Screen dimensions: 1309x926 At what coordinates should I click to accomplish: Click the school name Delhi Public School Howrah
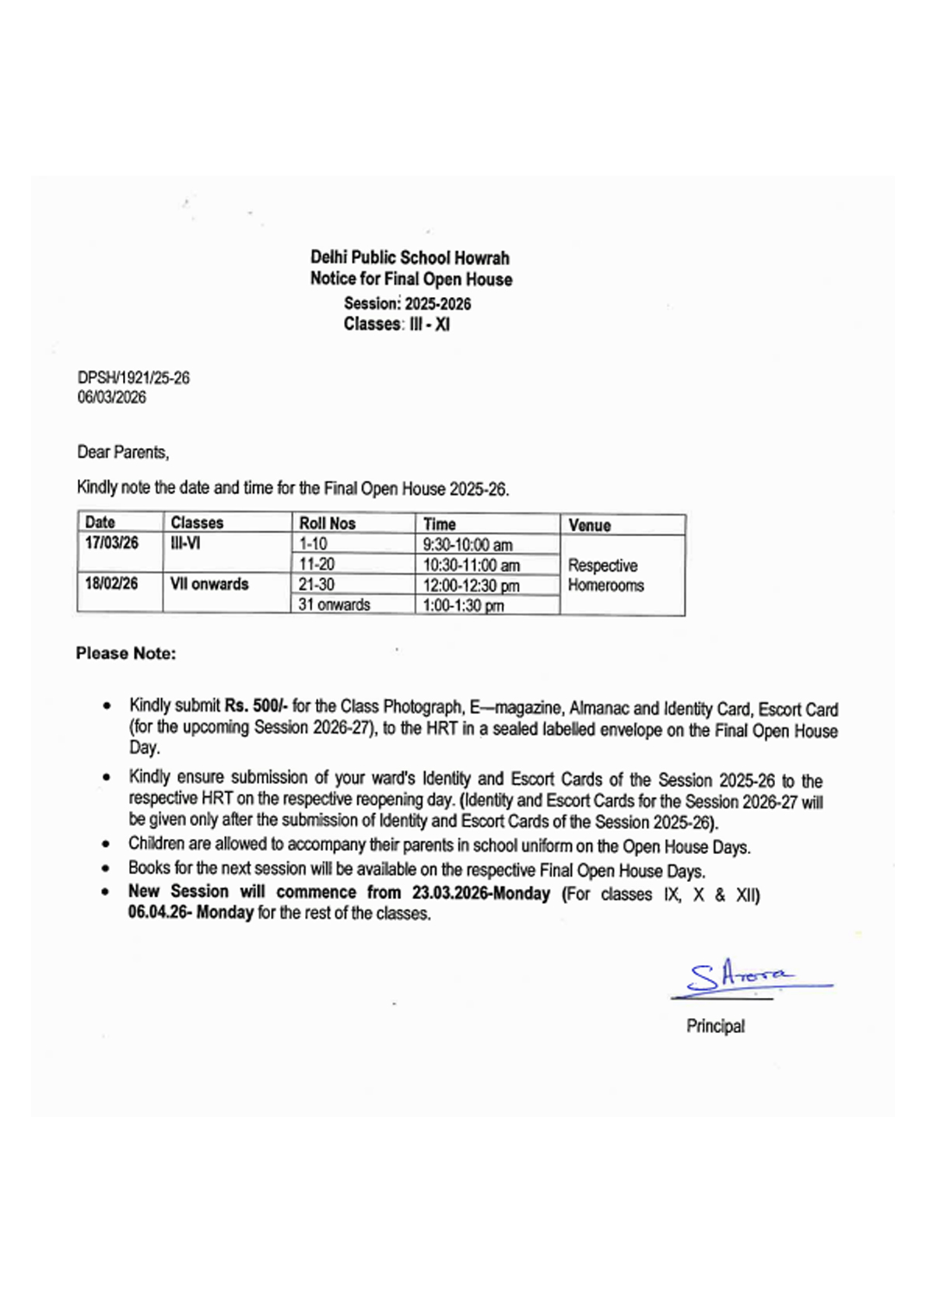pyautogui.click(x=409, y=257)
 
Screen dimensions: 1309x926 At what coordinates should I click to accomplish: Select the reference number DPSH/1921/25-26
pyautogui.click(x=133, y=378)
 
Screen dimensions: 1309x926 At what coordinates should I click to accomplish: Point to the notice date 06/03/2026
pyautogui.click(x=111, y=397)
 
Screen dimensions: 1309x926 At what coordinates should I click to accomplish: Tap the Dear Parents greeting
pyautogui.click(x=123, y=452)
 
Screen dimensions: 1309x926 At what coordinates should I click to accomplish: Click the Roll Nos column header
pyautogui.click(x=327, y=523)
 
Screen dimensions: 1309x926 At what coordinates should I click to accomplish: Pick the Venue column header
pyautogui.click(x=589, y=525)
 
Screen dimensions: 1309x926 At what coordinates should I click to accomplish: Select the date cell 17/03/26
pyautogui.click(x=111, y=543)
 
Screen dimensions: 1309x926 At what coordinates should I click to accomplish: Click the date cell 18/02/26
pyautogui.click(x=111, y=583)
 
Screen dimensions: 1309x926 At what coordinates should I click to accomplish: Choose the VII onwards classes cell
pyautogui.click(x=209, y=584)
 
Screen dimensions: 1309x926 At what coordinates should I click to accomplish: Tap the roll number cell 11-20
pyautogui.click(x=317, y=564)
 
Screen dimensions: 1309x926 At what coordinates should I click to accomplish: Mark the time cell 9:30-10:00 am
pyautogui.click(x=467, y=544)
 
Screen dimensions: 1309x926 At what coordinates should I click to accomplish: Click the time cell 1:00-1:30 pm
pyautogui.click(x=463, y=605)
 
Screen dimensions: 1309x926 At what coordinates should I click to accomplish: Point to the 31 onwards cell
pyautogui.click(x=334, y=604)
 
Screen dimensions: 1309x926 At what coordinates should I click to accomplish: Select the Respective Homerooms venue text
pyautogui.click(x=605, y=576)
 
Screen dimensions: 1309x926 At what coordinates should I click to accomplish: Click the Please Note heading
pyautogui.click(x=126, y=653)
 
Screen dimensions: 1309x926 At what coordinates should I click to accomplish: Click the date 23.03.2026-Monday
pyautogui.click(x=481, y=893)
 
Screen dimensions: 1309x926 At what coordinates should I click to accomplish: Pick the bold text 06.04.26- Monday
pyautogui.click(x=191, y=912)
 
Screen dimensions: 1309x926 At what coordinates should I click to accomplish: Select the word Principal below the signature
pyautogui.click(x=715, y=1026)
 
